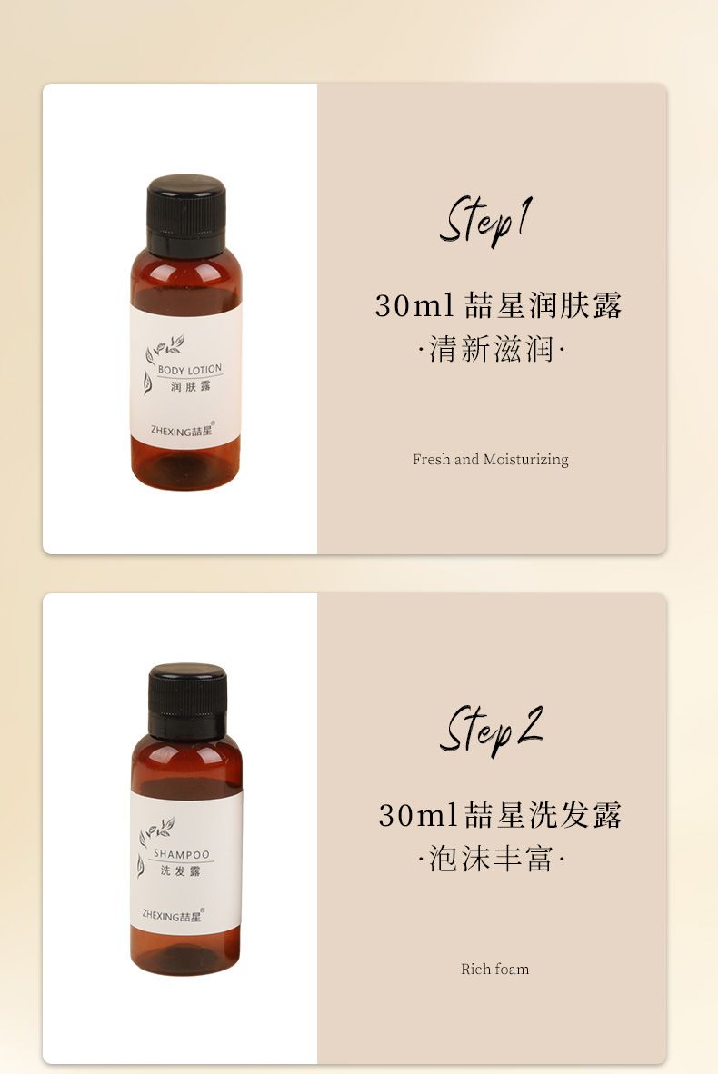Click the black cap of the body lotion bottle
185,214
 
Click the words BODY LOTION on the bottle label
190,370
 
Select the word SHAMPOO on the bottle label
182,854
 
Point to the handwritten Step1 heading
485,221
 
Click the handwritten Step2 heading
491,731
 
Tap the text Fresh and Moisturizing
491,460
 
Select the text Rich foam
494,970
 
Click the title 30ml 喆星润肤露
498,305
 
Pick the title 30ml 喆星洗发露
500,815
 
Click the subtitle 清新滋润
491,349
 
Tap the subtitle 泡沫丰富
491,859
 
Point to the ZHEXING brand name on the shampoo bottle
173,915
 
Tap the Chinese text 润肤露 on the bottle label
191,387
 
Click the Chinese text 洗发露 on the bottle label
180,871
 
